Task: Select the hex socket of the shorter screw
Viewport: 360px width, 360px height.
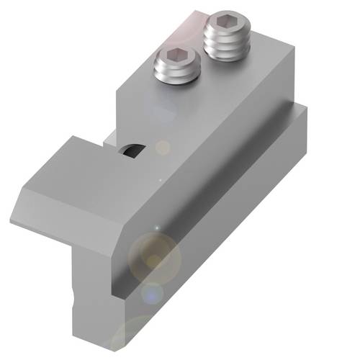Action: tap(176, 56)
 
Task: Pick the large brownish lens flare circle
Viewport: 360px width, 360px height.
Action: tap(153, 255)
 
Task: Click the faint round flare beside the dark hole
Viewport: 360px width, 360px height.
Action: tap(163, 147)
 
